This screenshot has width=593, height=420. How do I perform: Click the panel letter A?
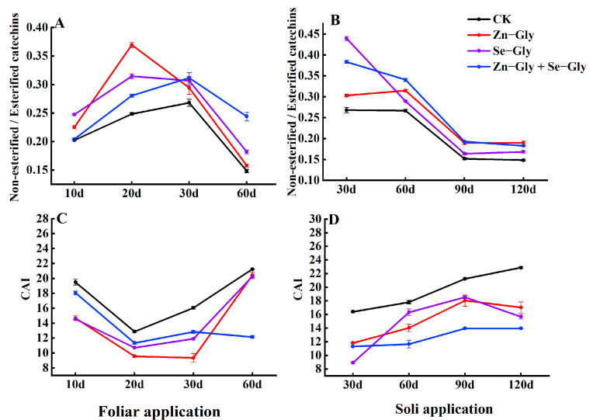pos(59,24)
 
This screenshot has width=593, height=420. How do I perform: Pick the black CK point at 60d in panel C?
pos(251,269)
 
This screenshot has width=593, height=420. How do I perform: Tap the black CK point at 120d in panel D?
pos(521,267)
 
